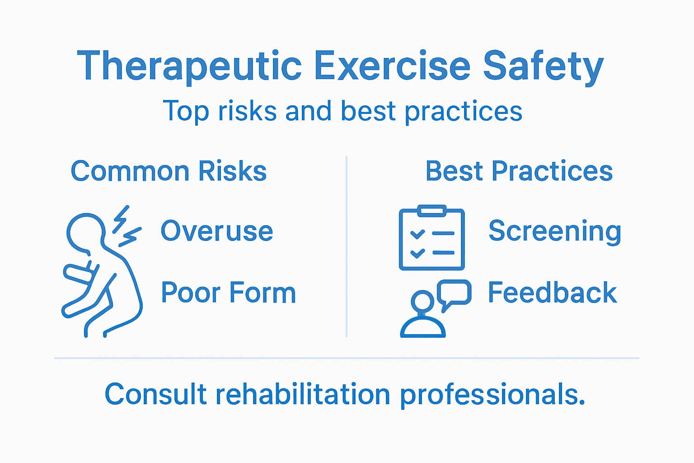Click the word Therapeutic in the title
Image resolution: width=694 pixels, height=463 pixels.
(x=190, y=66)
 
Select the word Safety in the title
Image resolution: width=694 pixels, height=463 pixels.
(x=543, y=66)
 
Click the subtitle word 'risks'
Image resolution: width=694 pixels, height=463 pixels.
(x=248, y=111)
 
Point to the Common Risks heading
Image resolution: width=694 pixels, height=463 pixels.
(x=169, y=171)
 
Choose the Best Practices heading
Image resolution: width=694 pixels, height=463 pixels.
(x=519, y=171)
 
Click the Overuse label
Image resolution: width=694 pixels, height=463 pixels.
(x=217, y=231)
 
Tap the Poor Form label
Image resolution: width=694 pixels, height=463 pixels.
(x=228, y=293)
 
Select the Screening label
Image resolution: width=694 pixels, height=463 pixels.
(x=555, y=231)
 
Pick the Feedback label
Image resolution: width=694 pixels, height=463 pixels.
(x=552, y=293)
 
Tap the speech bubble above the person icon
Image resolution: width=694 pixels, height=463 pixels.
(x=454, y=293)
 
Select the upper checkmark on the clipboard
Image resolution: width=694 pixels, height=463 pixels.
(x=417, y=234)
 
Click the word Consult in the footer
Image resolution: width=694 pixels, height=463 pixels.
(x=155, y=394)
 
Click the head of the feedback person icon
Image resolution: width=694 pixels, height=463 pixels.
(x=422, y=301)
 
